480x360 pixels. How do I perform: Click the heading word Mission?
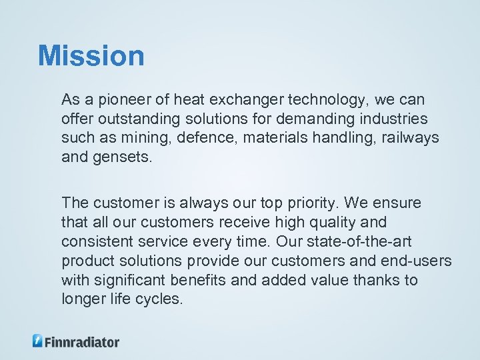(91, 56)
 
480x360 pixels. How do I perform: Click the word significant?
(131, 280)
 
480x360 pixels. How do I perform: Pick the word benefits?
(201, 280)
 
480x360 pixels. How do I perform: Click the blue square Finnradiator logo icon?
(38, 341)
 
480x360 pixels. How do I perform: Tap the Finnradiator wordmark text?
(82, 341)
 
